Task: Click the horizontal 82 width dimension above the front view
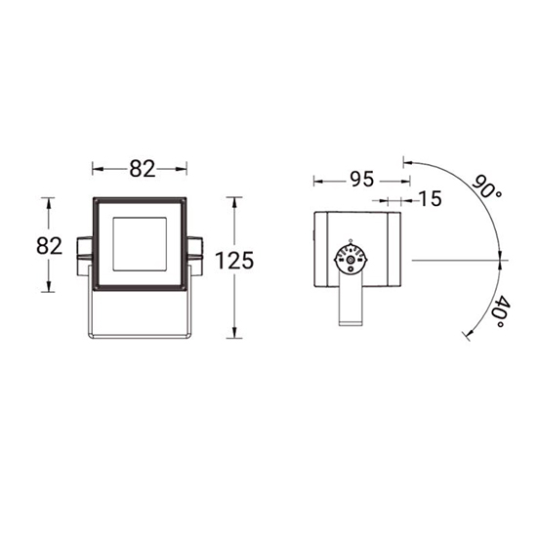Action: click(x=143, y=169)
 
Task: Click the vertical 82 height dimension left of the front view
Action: click(x=50, y=245)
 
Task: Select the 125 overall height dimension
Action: click(x=234, y=261)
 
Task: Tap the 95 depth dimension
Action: click(x=361, y=179)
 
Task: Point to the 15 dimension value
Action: click(x=431, y=198)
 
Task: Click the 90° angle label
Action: click(x=486, y=187)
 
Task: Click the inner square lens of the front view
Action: click(x=140, y=244)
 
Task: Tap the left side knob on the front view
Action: click(x=84, y=256)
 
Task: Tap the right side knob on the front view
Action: click(x=194, y=256)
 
